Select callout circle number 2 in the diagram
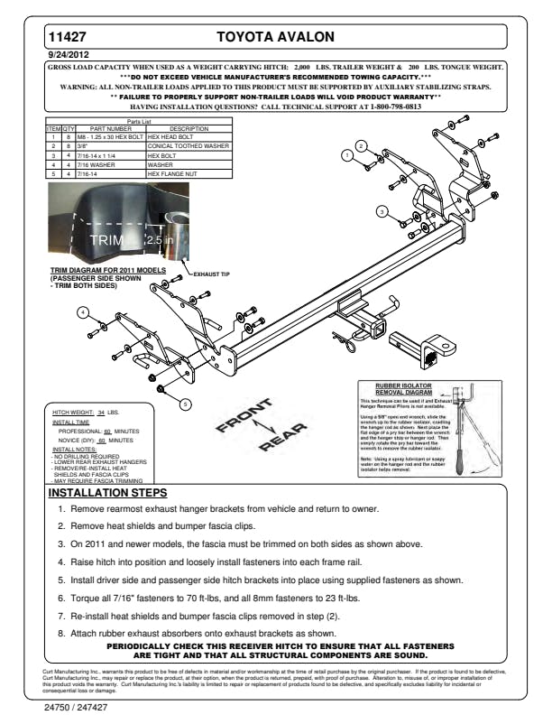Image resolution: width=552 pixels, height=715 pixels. coord(362,146)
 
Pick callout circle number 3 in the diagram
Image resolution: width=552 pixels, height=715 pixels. coord(382,211)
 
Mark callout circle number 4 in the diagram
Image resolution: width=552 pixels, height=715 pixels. coord(83,312)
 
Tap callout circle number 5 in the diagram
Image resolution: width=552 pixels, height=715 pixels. coord(185,403)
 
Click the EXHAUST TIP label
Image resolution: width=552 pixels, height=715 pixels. coord(210,273)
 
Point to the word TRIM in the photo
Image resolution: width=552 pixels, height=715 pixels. coord(106,240)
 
